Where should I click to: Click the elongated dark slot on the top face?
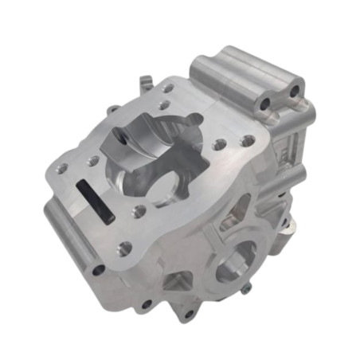(x=95, y=201)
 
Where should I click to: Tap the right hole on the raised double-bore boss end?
(x=294, y=92)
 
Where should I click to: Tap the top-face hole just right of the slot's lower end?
(x=139, y=212)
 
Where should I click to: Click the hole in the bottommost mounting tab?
(x=188, y=313)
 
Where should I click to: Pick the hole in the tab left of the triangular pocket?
(x=147, y=303)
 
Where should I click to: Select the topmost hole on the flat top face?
(x=168, y=89)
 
